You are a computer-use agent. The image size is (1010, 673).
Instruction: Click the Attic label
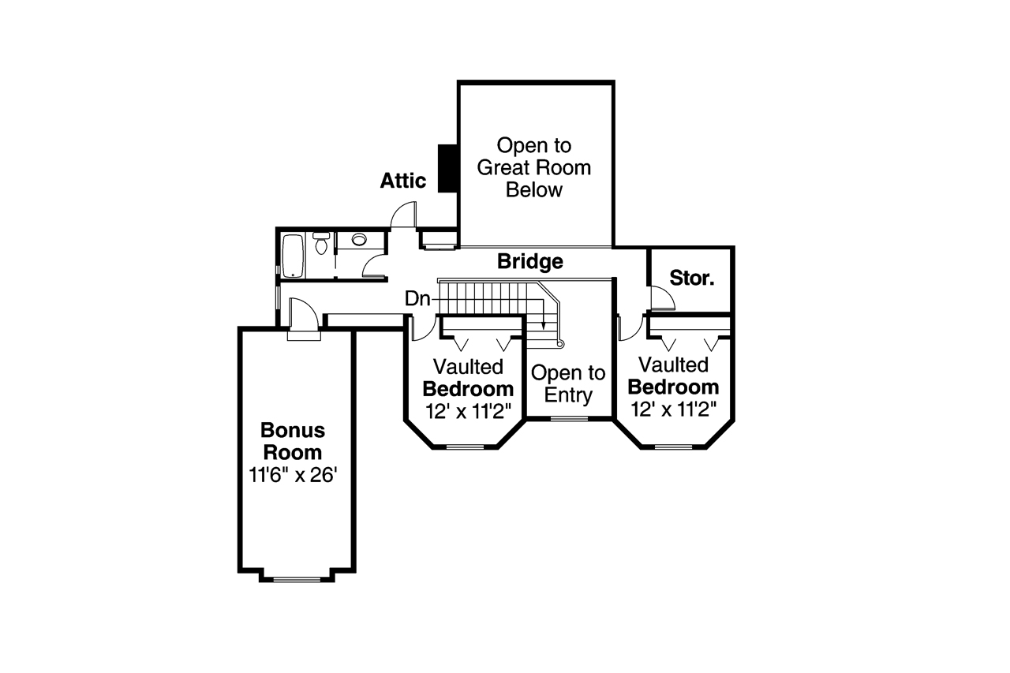tap(402, 181)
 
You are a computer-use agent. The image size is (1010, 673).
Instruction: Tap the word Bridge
tap(529, 261)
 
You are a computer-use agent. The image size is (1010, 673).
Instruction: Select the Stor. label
tap(691, 278)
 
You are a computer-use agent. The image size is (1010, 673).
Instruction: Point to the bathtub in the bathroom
tap(292, 255)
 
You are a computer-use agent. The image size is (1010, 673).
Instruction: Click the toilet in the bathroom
tap(321, 243)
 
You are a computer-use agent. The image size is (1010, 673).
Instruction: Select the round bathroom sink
tap(360, 240)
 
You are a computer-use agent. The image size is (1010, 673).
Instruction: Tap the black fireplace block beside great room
tap(449, 167)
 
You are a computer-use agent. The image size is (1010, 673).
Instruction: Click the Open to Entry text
tap(568, 384)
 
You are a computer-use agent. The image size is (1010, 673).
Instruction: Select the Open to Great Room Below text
tap(534, 167)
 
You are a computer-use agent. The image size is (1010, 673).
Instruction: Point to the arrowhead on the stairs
tap(543, 324)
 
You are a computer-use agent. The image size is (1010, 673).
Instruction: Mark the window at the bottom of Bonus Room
tap(297, 579)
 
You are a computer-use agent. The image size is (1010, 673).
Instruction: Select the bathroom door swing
tap(373, 266)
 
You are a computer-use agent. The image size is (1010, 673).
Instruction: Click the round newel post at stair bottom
tap(561, 344)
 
